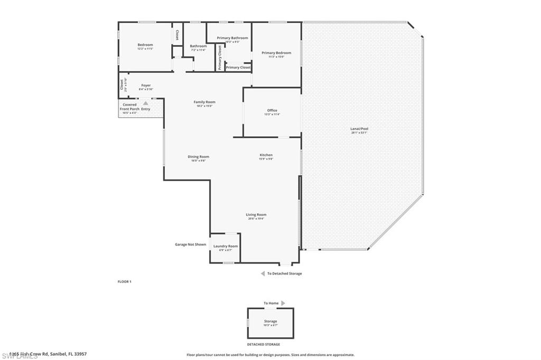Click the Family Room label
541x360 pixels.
pyautogui.click(x=204, y=102)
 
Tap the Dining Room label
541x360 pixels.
pyautogui.click(x=199, y=157)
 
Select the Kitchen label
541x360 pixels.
pyautogui.click(x=266, y=155)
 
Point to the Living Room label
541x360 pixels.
pyautogui.click(x=256, y=215)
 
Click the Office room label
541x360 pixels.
pyautogui.click(x=272, y=110)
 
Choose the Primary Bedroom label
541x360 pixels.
pyautogui.click(x=276, y=53)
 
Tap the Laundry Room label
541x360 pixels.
pyautogui.click(x=226, y=247)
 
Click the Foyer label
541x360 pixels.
pyautogui.click(x=146, y=86)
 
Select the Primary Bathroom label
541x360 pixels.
pyautogui.click(x=232, y=38)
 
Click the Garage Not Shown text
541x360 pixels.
pyautogui.click(x=190, y=244)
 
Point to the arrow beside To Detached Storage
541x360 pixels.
pyautogui.click(x=263, y=273)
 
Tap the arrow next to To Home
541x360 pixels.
pyautogui.click(x=283, y=303)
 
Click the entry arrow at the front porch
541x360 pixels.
pyautogui.click(x=145, y=103)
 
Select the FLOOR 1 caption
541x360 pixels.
pyautogui.click(x=124, y=282)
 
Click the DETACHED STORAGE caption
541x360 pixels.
pyautogui.click(x=270, y=344)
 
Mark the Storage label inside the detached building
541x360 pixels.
pyautogui.click(x=270, y=321)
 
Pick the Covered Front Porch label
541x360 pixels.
pyautogui.click(x=129, y=107)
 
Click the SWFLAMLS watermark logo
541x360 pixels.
pyautogui.click(x=20, y=355)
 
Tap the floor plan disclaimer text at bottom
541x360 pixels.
pyautogui.click(x=270, y=355)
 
